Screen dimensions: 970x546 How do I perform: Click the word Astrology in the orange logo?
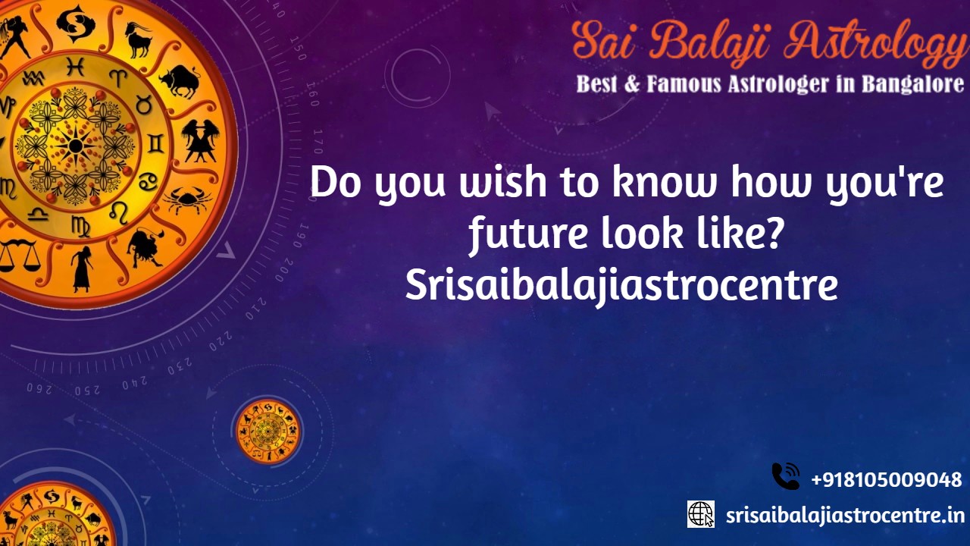coord(875,42)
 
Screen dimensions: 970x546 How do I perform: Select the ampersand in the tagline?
coord(632,84)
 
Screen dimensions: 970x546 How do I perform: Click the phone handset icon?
coord(786,476)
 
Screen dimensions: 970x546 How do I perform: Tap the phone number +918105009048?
coord(887,480)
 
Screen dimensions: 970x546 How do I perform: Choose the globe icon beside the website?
coord(701,514)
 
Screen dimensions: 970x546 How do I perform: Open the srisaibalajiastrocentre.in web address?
coord(845,516)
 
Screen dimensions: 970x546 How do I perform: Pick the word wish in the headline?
coord(503,183)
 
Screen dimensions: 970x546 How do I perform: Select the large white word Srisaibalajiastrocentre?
coord(621,285)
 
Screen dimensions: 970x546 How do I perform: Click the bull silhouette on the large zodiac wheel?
coord(180,80)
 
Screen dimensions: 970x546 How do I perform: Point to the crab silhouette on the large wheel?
coord(187,199)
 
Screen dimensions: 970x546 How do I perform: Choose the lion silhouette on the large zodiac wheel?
coord(145,248)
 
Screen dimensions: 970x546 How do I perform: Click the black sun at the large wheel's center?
coord(75,145)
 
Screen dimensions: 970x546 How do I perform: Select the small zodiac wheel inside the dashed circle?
coord(268,431)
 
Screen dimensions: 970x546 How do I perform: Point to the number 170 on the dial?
coord(318,142)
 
